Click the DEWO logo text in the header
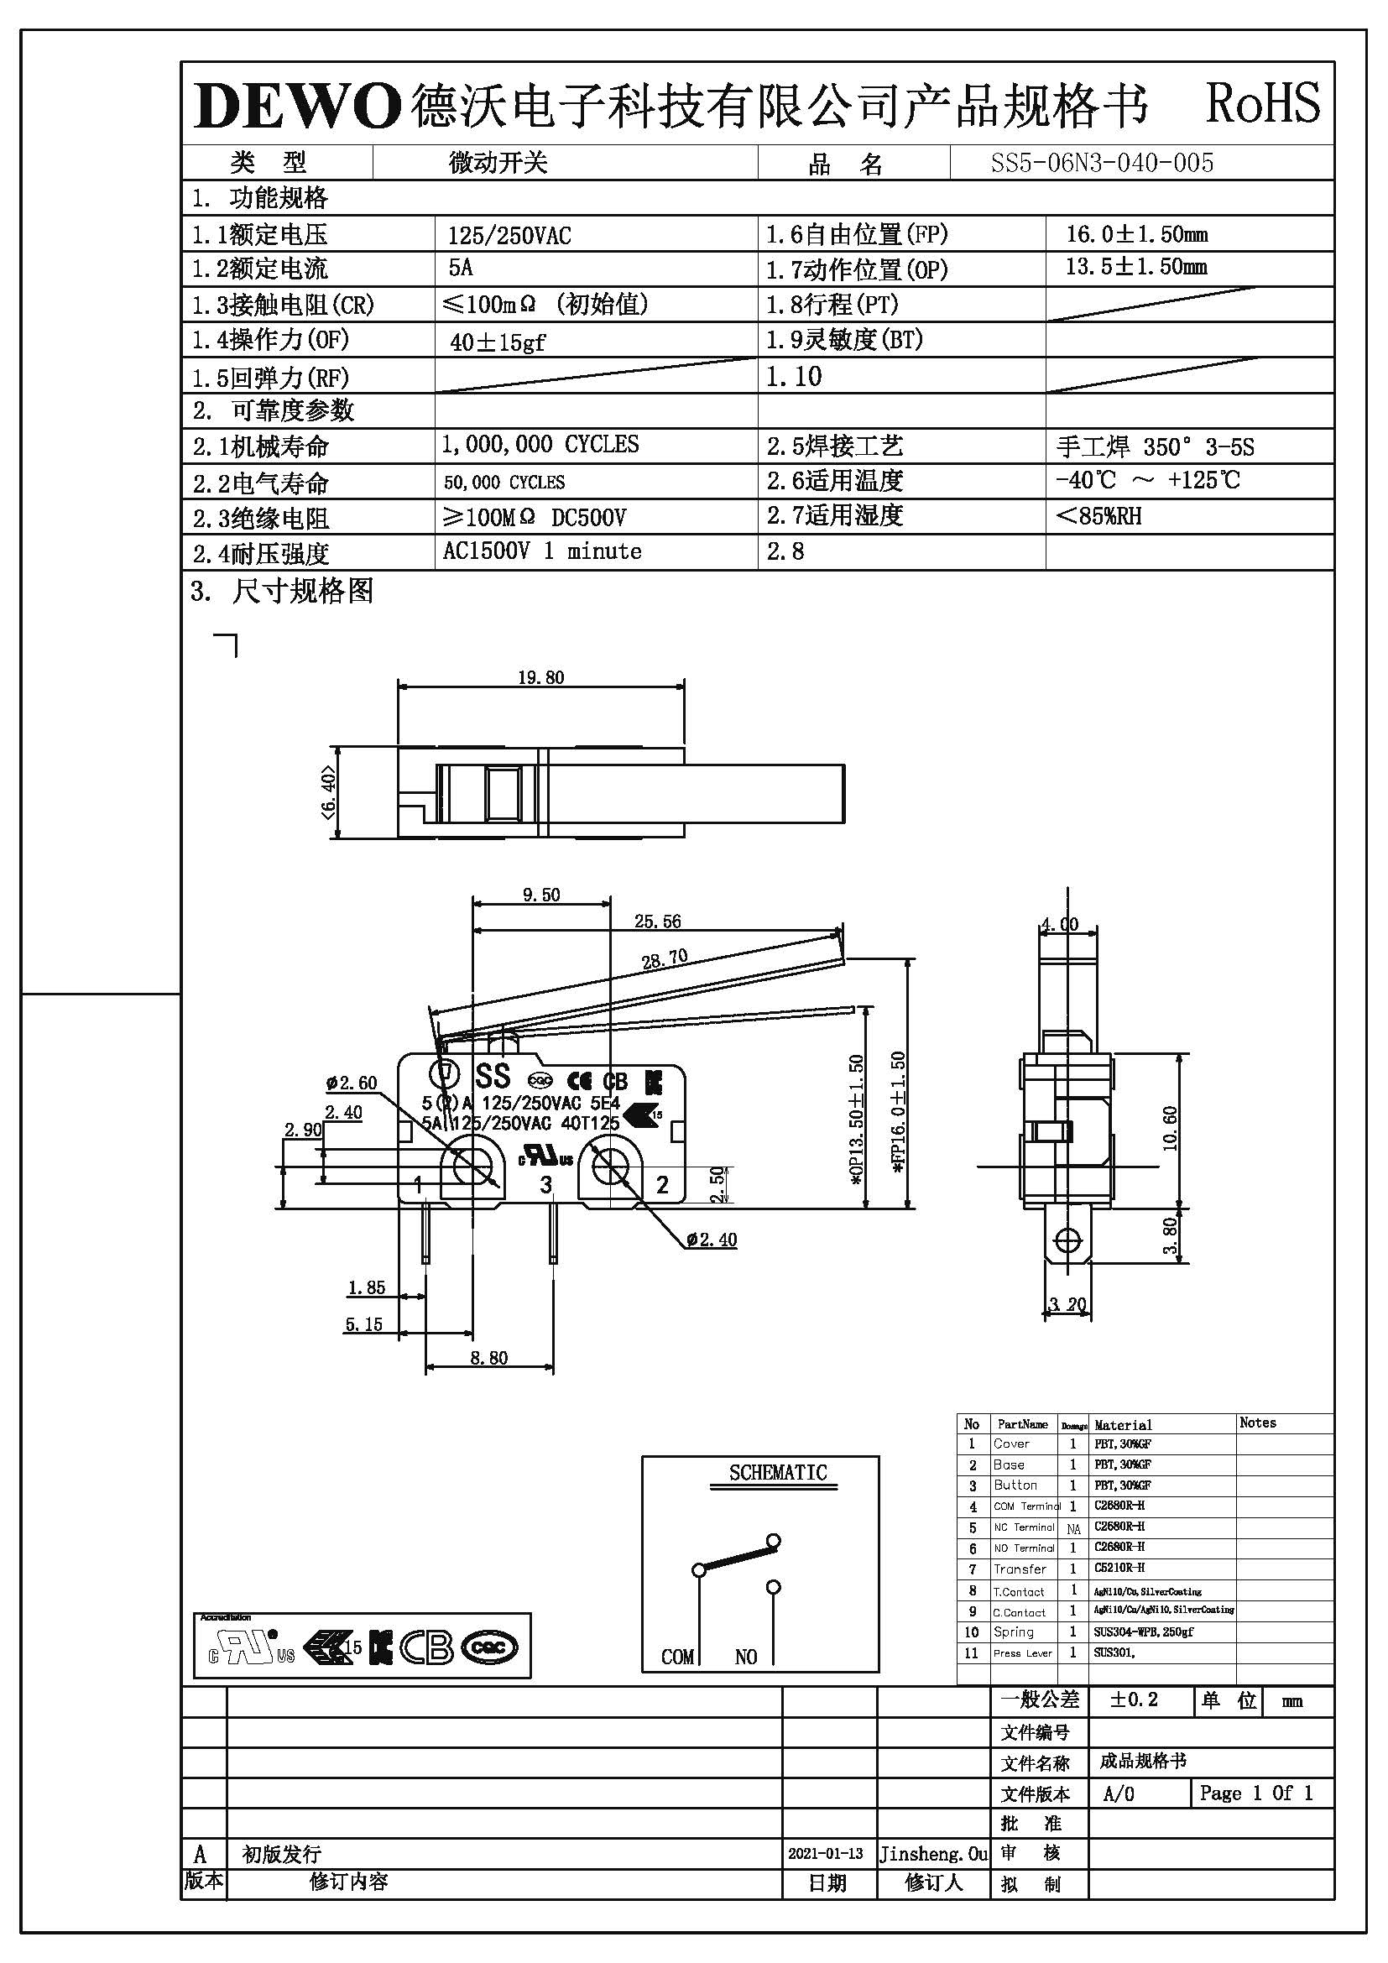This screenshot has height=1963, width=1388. [296, 107]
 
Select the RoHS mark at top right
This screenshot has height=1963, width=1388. [1261, 104]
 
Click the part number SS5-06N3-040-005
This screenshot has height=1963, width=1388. [1102, 163]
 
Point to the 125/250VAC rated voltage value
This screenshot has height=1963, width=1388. [509, 235]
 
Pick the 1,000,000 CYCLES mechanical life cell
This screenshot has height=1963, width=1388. [540, 445]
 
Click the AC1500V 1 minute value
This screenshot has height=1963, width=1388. [542, 551]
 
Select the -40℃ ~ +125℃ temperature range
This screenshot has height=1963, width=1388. [1147, 481]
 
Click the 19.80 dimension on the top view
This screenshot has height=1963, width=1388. [541, 677]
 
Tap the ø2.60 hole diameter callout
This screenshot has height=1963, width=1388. [352, 1083]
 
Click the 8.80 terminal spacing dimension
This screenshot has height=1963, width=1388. [489, 1358]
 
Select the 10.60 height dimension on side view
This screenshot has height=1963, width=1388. [1170, 1129]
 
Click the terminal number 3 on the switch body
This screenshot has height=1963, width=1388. [545, 1184]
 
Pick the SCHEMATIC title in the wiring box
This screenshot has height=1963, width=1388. [778, 1472]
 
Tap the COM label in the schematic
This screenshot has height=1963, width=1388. [678, 1657]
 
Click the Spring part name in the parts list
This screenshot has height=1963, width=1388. [1013, 1631]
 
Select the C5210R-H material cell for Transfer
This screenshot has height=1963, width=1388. [1119, 1568]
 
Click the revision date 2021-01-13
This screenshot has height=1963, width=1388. [825, 1854]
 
